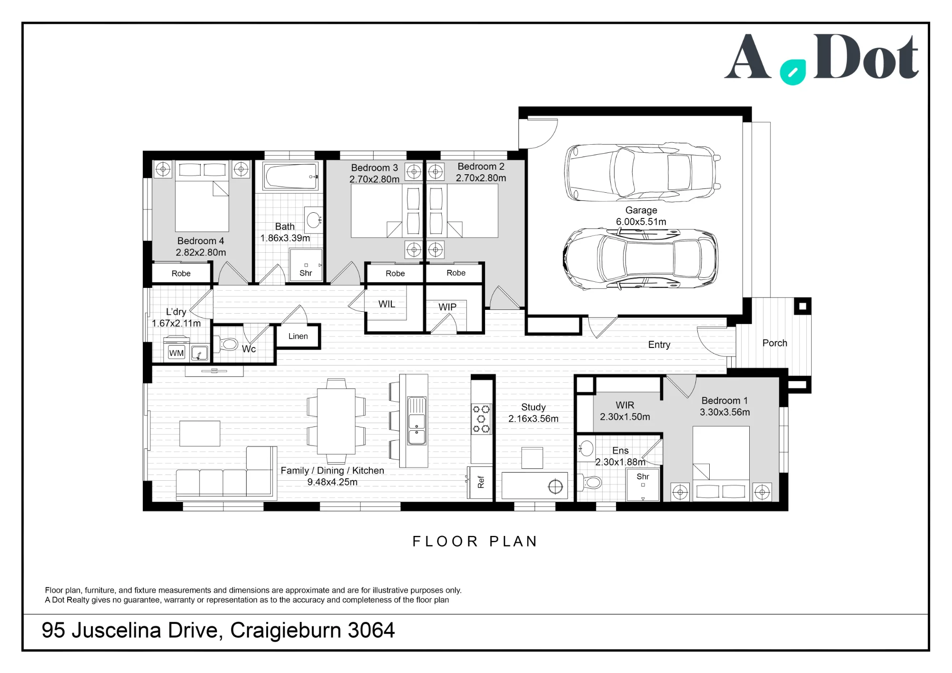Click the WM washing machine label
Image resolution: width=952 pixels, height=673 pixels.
[x=176, y=353]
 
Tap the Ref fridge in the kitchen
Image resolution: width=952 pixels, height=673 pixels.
[x=480, y=482]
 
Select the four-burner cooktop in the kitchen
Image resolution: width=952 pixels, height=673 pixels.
[x=481, y=419]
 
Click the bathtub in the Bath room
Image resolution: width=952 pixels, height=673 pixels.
[x=290, y=177]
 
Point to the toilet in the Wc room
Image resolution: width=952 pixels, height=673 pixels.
[x=228, y=344]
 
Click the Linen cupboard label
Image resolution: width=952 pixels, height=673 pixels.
[x=298, y=336]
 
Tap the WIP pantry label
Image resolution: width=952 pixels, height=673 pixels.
[x=447, y=307]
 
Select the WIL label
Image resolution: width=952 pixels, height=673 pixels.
[x=387, y=304]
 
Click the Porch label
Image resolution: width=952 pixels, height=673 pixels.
[x=774, y=343]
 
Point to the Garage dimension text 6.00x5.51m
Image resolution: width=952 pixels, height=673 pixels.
[x=641, y=222]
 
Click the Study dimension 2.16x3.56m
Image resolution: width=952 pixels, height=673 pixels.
[x=533, y=419]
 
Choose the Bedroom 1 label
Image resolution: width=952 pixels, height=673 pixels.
[x=724, y=401]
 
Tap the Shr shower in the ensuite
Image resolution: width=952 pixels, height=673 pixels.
[x=643, y=485]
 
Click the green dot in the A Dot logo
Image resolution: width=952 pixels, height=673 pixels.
[x=793, y=72]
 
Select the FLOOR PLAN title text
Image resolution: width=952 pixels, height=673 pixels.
[x=475, y=541]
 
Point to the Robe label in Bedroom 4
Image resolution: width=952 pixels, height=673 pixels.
[x=181, y=273]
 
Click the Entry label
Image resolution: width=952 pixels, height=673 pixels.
[x=659, y=345]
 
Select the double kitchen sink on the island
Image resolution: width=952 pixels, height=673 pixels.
[x=416, y=421]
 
